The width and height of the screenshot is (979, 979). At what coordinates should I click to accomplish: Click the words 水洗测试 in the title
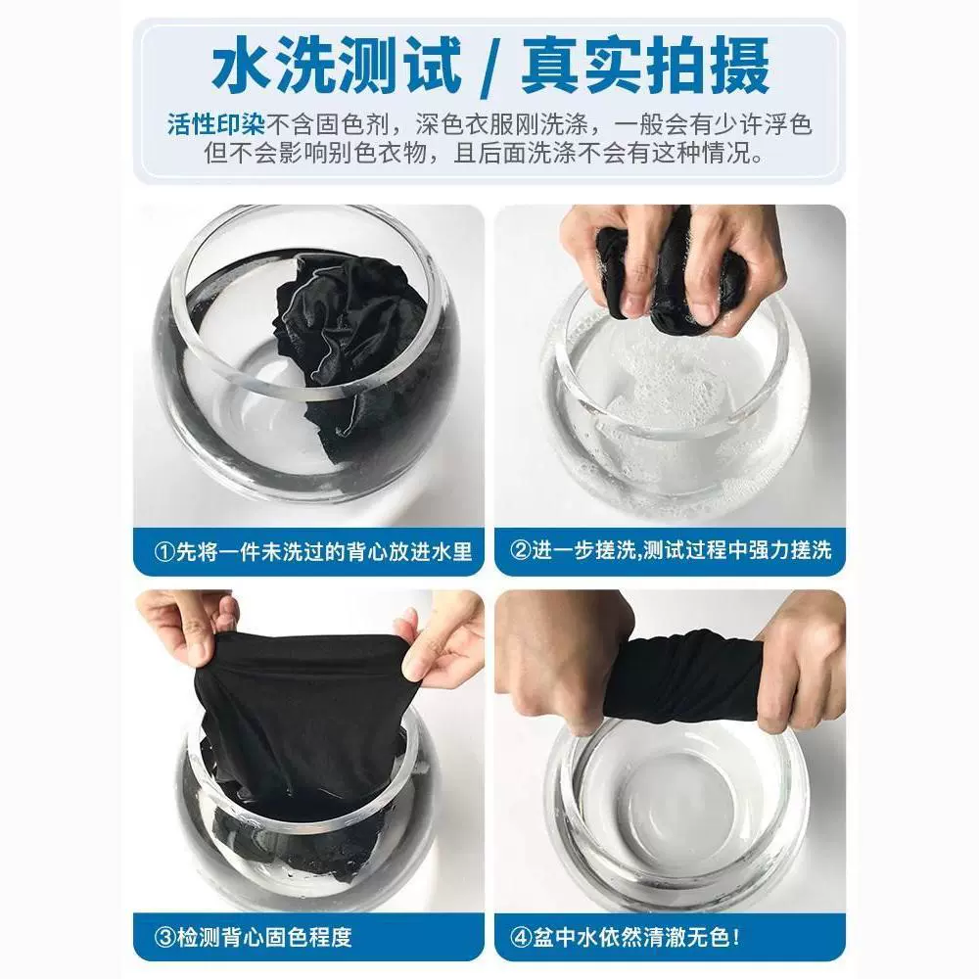pyautogui.click(x=337, y=66)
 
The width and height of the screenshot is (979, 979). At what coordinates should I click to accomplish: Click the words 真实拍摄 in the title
pyautogui.click(x=645, y=66)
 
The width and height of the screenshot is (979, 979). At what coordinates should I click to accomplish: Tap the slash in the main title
pyautogui.click(x=491, y=67)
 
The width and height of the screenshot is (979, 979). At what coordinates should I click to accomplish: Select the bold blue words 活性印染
pyautogui.click(x=216, y=125)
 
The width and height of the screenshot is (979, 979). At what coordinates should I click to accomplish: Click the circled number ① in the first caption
pyautogui.click(x=164, y=552)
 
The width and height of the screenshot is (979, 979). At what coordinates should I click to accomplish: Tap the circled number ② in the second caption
pyautogui.click(x=521, y=550)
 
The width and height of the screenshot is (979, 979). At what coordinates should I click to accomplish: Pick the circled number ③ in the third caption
pyautogui.click(x=164, y=937)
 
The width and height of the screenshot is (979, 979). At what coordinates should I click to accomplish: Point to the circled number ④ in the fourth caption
pyautogui.click(x=521, y=937)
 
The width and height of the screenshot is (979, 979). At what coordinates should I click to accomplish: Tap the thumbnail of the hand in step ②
pyautogui.click(x=703, y=310)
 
